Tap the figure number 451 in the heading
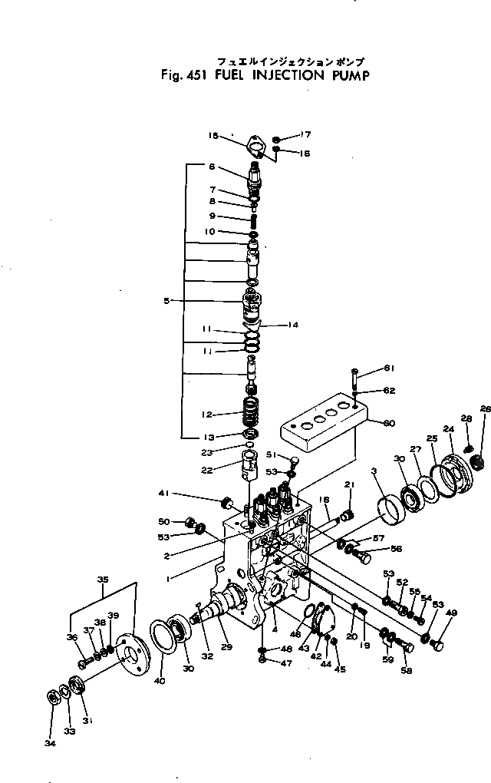click(x=186, y=75)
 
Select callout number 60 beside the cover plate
click(x=389, y=422)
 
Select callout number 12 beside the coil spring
click(x=206, y=415)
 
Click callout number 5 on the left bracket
click(x=166, y=301)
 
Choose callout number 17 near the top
click(x=305, y=134)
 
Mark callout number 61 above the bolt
click(x=389, y=367)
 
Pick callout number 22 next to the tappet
click(x=206, y=470)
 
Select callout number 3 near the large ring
click(x=374, y=470)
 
